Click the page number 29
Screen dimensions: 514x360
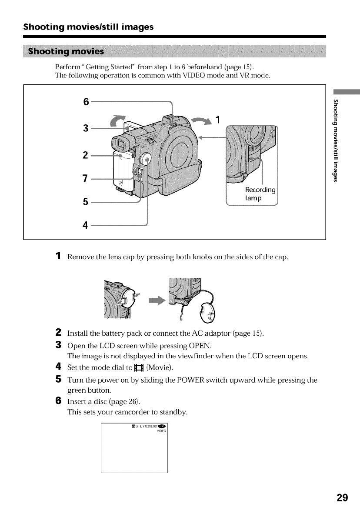pyautogui.click(x=342, y=497)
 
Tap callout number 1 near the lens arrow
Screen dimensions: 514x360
pyautogui.click(x=219, y=119)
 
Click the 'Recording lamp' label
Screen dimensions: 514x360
pyautogui.click(x=260, y=194)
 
